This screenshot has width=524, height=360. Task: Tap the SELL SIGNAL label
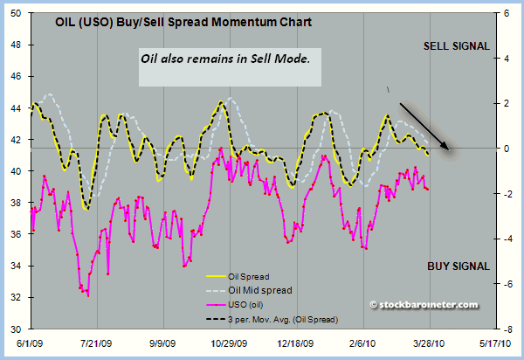tap(457, 46)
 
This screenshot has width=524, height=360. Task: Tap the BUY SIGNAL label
tap(458, 266)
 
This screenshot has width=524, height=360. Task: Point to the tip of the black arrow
tap(448, 149)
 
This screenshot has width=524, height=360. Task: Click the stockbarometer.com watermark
tap(424, 305)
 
